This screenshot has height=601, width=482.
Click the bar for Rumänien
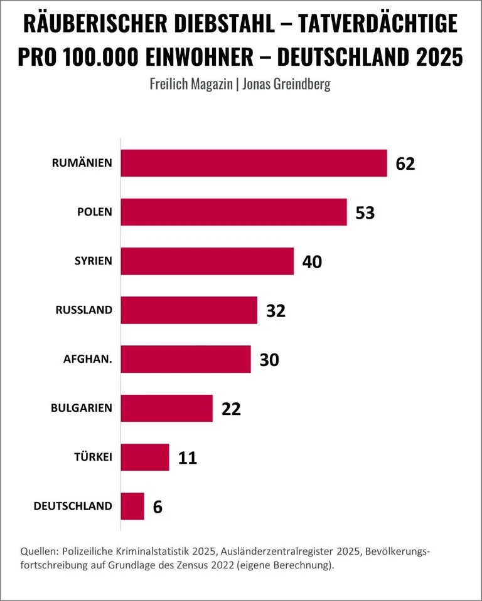pyautogui.click(x=254, y=163)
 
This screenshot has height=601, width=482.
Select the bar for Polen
pyautogui.click(x=233, y=212)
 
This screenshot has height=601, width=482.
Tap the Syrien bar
pyautogui.click(x=207, y=261)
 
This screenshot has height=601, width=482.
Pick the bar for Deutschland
pyautogui.click(x=132, y=506)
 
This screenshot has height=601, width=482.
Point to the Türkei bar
pyautogui.click(x=145, y=457)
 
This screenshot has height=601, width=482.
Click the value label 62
pyautogui.click(x=405, y=164)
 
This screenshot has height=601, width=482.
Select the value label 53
pyautogui.click(x=365, y=212)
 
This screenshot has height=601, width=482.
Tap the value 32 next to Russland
pyautogui.click(x=276, y=310)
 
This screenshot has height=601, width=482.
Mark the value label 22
pyautogui.click(x=231, y=409)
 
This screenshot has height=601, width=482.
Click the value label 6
pyautogui.click(x=158, y=506)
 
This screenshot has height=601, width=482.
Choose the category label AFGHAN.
pyautogui.click(x=87, y=360)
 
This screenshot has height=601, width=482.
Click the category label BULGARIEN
pyautogui.click(x=82, y=408)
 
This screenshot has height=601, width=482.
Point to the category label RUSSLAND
pyautogui.click(x=84, y=310)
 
